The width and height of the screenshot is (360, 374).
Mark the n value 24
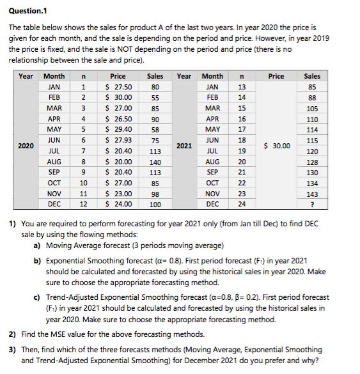click(x=242, y=205)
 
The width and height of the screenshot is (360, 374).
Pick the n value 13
click(x=242, y=87)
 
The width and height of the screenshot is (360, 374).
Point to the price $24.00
click(x=118, y=205)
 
